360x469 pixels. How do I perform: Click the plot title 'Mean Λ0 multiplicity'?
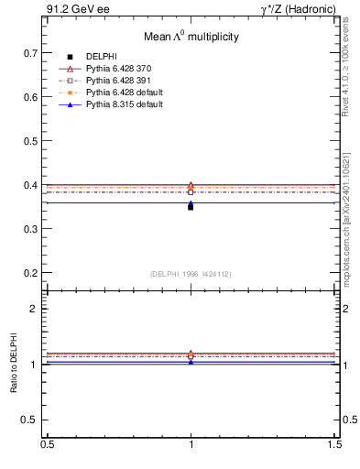tap(191, 37)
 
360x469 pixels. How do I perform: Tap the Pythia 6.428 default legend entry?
tap(126, 93)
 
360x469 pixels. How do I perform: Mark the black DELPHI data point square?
tap(191, 207)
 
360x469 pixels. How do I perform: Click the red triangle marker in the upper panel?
tap(191, 185)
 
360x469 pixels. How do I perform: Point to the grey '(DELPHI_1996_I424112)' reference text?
tap(191, 274)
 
